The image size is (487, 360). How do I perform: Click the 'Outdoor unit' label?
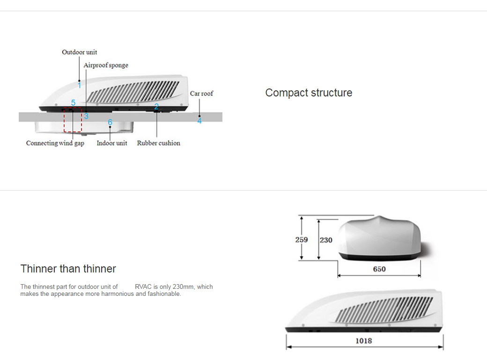pos(80,52)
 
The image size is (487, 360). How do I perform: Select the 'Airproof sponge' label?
pos(106,65)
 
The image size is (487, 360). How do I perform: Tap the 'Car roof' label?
pos(201,94)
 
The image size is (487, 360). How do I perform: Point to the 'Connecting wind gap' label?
pos(55,143)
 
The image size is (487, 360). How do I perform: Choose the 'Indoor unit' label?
pos(112,143)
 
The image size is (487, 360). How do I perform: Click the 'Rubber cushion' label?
pos(159,143)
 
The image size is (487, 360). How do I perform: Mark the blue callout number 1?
pos(80,85)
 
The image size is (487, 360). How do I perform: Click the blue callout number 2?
pos(156,107)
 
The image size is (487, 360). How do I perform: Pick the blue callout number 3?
pos(86,116)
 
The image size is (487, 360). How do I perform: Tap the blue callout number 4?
pos(199,120)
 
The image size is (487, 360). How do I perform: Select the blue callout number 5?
pos(74,103)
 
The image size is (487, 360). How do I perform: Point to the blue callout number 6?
pos(110,122)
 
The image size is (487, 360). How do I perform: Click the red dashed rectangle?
pos(64,120)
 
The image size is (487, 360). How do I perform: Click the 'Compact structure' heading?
pos(309,93)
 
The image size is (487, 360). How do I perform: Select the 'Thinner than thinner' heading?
pos(68,269)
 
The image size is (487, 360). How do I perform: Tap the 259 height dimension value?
pos(302,240)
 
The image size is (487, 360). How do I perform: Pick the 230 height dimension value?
pos(326,240)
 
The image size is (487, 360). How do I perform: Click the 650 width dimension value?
pos(379,269)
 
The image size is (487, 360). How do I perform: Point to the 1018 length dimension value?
pos(364,341)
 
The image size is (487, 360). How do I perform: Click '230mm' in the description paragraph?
pos(184,287)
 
